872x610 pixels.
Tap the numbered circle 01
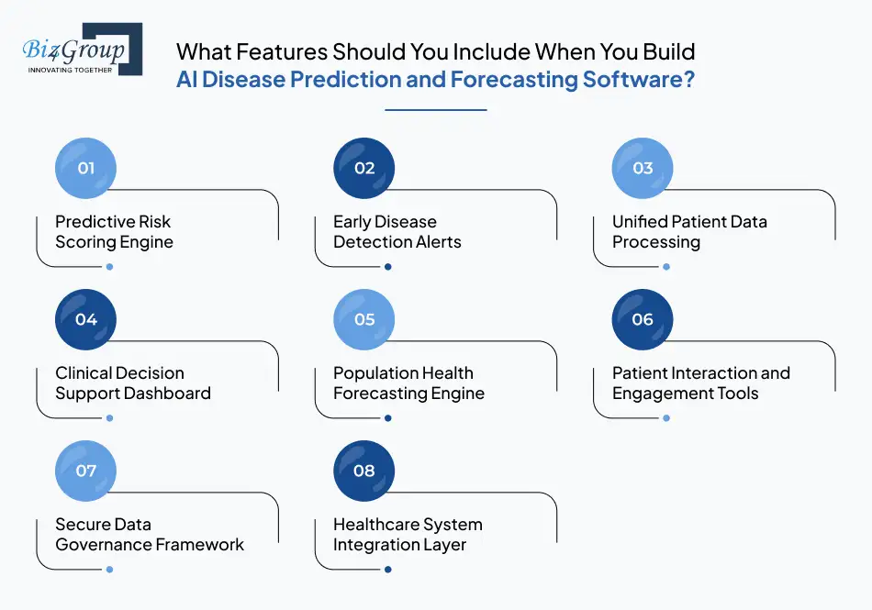(86, 168)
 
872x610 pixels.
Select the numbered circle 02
(364, 168)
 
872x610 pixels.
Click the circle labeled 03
(643, 168)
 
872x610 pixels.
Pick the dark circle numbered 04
(86, 319)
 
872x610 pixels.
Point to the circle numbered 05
(364, 319)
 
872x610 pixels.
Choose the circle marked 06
(643, 319)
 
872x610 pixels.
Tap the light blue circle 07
(86, 471)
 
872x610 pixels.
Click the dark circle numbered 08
(364, 471)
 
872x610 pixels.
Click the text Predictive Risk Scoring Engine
(114, 232)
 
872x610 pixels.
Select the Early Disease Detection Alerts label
(397, 232)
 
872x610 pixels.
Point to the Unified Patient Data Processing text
(689, 232)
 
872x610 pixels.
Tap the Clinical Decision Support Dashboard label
(133, 383)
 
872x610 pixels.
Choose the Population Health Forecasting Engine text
(408, 383)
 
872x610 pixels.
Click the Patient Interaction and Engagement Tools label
(700, 383)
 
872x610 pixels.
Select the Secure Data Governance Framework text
(150, 535)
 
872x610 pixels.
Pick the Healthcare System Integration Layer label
(408, 535)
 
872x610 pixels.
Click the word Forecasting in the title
(513, 79)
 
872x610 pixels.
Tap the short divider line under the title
(435, 110)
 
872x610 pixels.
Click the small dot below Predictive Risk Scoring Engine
(109, 267)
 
